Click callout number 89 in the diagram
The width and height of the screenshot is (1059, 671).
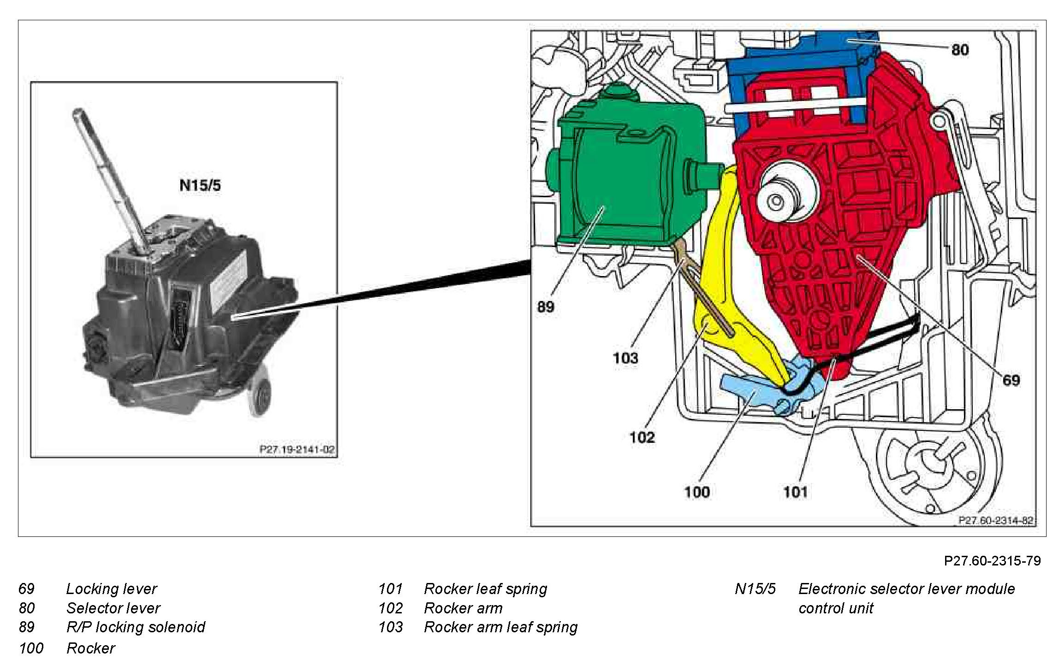[x=546, y=306]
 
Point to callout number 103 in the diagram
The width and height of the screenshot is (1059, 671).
[x=625, y=358]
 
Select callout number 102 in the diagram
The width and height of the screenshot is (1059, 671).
[x=642, y=437]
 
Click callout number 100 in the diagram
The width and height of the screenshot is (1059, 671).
[x=696, y=492]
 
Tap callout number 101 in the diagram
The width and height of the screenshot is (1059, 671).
[x=795, y=492]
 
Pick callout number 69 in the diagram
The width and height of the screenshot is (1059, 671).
[x=1011, y=380]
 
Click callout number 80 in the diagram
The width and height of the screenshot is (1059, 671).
[x=960, y=50]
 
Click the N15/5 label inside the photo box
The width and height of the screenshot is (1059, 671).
[x=200, y=185]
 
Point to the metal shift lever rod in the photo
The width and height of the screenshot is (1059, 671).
[x=106, y=175]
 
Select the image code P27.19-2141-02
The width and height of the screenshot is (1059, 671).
[x=297, y=449]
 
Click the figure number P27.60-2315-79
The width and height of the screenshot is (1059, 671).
[x=992, y=560]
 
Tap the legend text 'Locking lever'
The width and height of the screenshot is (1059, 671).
[x=112, y=589]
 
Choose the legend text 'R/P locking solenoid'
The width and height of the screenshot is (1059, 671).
[x=136, y=627]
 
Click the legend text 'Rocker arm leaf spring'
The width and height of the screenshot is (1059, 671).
[x=500, y=627]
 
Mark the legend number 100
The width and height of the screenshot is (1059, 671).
[x=31, y=648]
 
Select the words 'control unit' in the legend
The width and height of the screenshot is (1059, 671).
[x=836, y=608]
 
